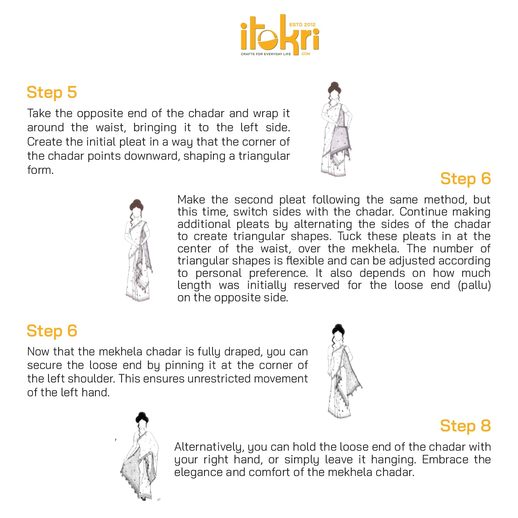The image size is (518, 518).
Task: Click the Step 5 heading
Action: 52,92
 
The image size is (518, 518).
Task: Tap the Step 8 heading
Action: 465,426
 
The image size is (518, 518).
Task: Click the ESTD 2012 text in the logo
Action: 302,25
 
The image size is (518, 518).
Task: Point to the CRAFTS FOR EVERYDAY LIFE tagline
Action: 266,54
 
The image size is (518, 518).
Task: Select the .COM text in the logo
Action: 305,54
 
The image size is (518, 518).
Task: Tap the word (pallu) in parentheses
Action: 474,285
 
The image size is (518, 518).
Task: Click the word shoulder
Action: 92,379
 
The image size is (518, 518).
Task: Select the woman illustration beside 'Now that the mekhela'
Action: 344,371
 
